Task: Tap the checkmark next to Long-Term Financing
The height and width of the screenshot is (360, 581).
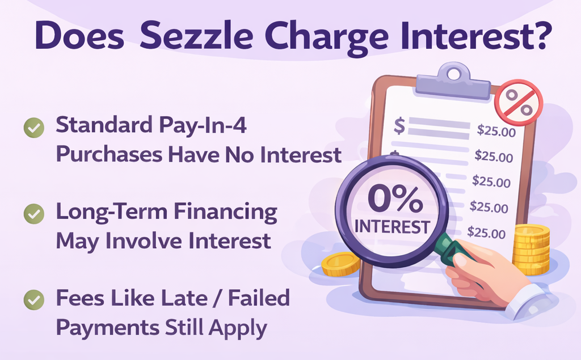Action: coord(34,214)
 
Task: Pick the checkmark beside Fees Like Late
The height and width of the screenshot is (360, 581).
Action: coord(34,299)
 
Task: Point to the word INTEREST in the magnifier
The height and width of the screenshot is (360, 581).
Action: coord(391,227)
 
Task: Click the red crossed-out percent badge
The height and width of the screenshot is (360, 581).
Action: coord(518,103)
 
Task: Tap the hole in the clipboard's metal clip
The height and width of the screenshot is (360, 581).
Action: coord(453,74)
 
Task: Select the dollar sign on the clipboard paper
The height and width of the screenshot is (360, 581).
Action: coord(399,126)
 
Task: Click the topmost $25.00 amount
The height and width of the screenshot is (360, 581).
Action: coord(495,132)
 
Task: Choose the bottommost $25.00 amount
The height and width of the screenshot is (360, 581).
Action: coord(486,232)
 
